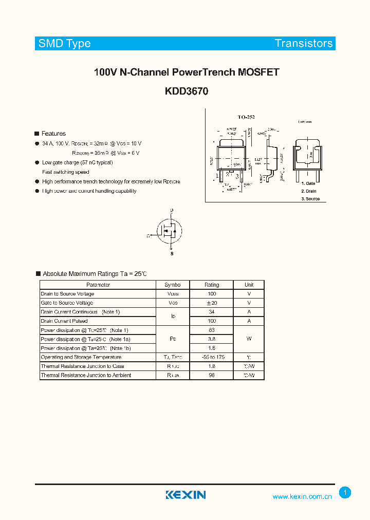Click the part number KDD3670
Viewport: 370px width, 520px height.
(x=187, y=91)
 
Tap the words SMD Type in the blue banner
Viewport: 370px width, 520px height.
(x=64, y=44)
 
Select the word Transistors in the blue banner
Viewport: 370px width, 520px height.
(x=304, y=44)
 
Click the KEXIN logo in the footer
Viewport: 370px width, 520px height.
(x=186, y=495)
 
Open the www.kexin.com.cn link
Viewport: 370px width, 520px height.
(x=302, y=496)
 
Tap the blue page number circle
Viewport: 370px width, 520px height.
(x=345, y=493)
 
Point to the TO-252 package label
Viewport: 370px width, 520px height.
(x=246, y=117)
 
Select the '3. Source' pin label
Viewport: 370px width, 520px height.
(x=310, y=198)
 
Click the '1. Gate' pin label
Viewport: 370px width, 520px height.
(x=308, y=183)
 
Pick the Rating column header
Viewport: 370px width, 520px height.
(x=212, y=285)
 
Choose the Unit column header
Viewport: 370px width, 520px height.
(x=249, y=285)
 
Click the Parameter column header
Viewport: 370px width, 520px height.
(x=98, y=285)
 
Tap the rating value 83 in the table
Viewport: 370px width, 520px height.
(x=212, y=330)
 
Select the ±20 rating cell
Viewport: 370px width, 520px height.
(x=212, y=303)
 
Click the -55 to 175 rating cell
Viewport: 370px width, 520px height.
(x=212, y=357)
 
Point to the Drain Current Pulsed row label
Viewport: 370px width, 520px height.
(x=64, y=321)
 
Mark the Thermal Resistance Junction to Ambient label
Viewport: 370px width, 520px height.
(x=86, y=376)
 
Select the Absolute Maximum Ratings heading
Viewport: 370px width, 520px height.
(x=95, y=274)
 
